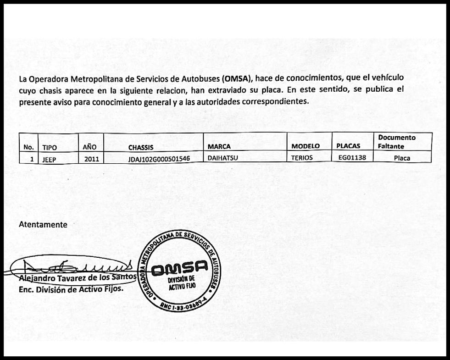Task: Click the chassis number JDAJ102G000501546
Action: pos(153,158)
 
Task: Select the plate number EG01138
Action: pos(352,158)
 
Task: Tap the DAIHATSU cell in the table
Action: pos(223,158)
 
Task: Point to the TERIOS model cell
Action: pos(302,158)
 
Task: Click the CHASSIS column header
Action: pos(140,147)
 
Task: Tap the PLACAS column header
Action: pos(348,146)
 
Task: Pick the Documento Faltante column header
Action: pos(397,142)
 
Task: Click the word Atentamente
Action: pos(43,225)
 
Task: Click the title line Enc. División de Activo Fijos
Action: pos(71,289)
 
